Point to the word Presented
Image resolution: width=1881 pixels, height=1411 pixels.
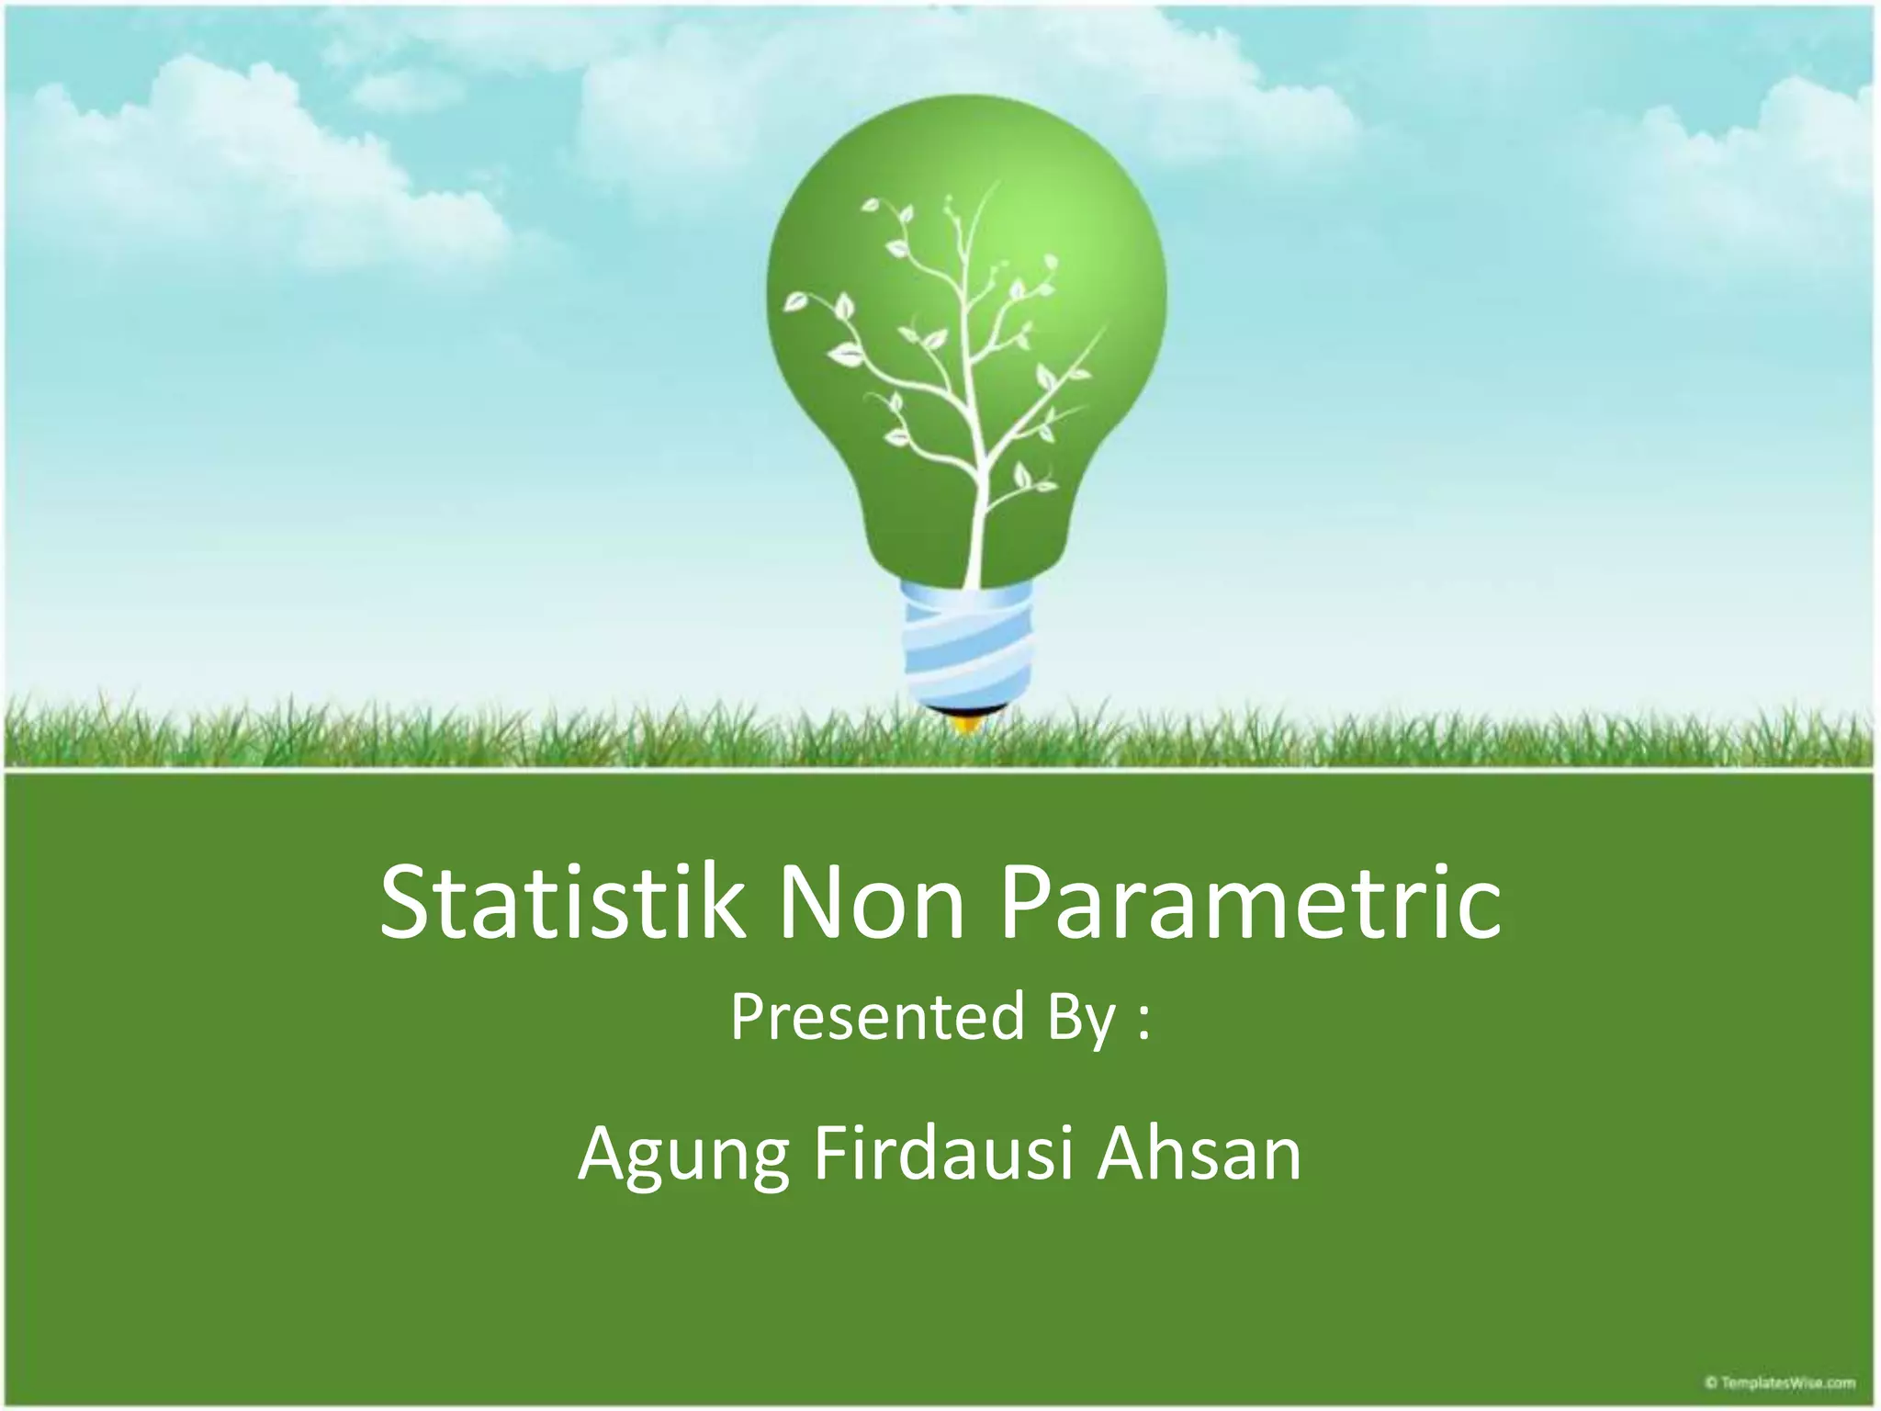pos(877,1018)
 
